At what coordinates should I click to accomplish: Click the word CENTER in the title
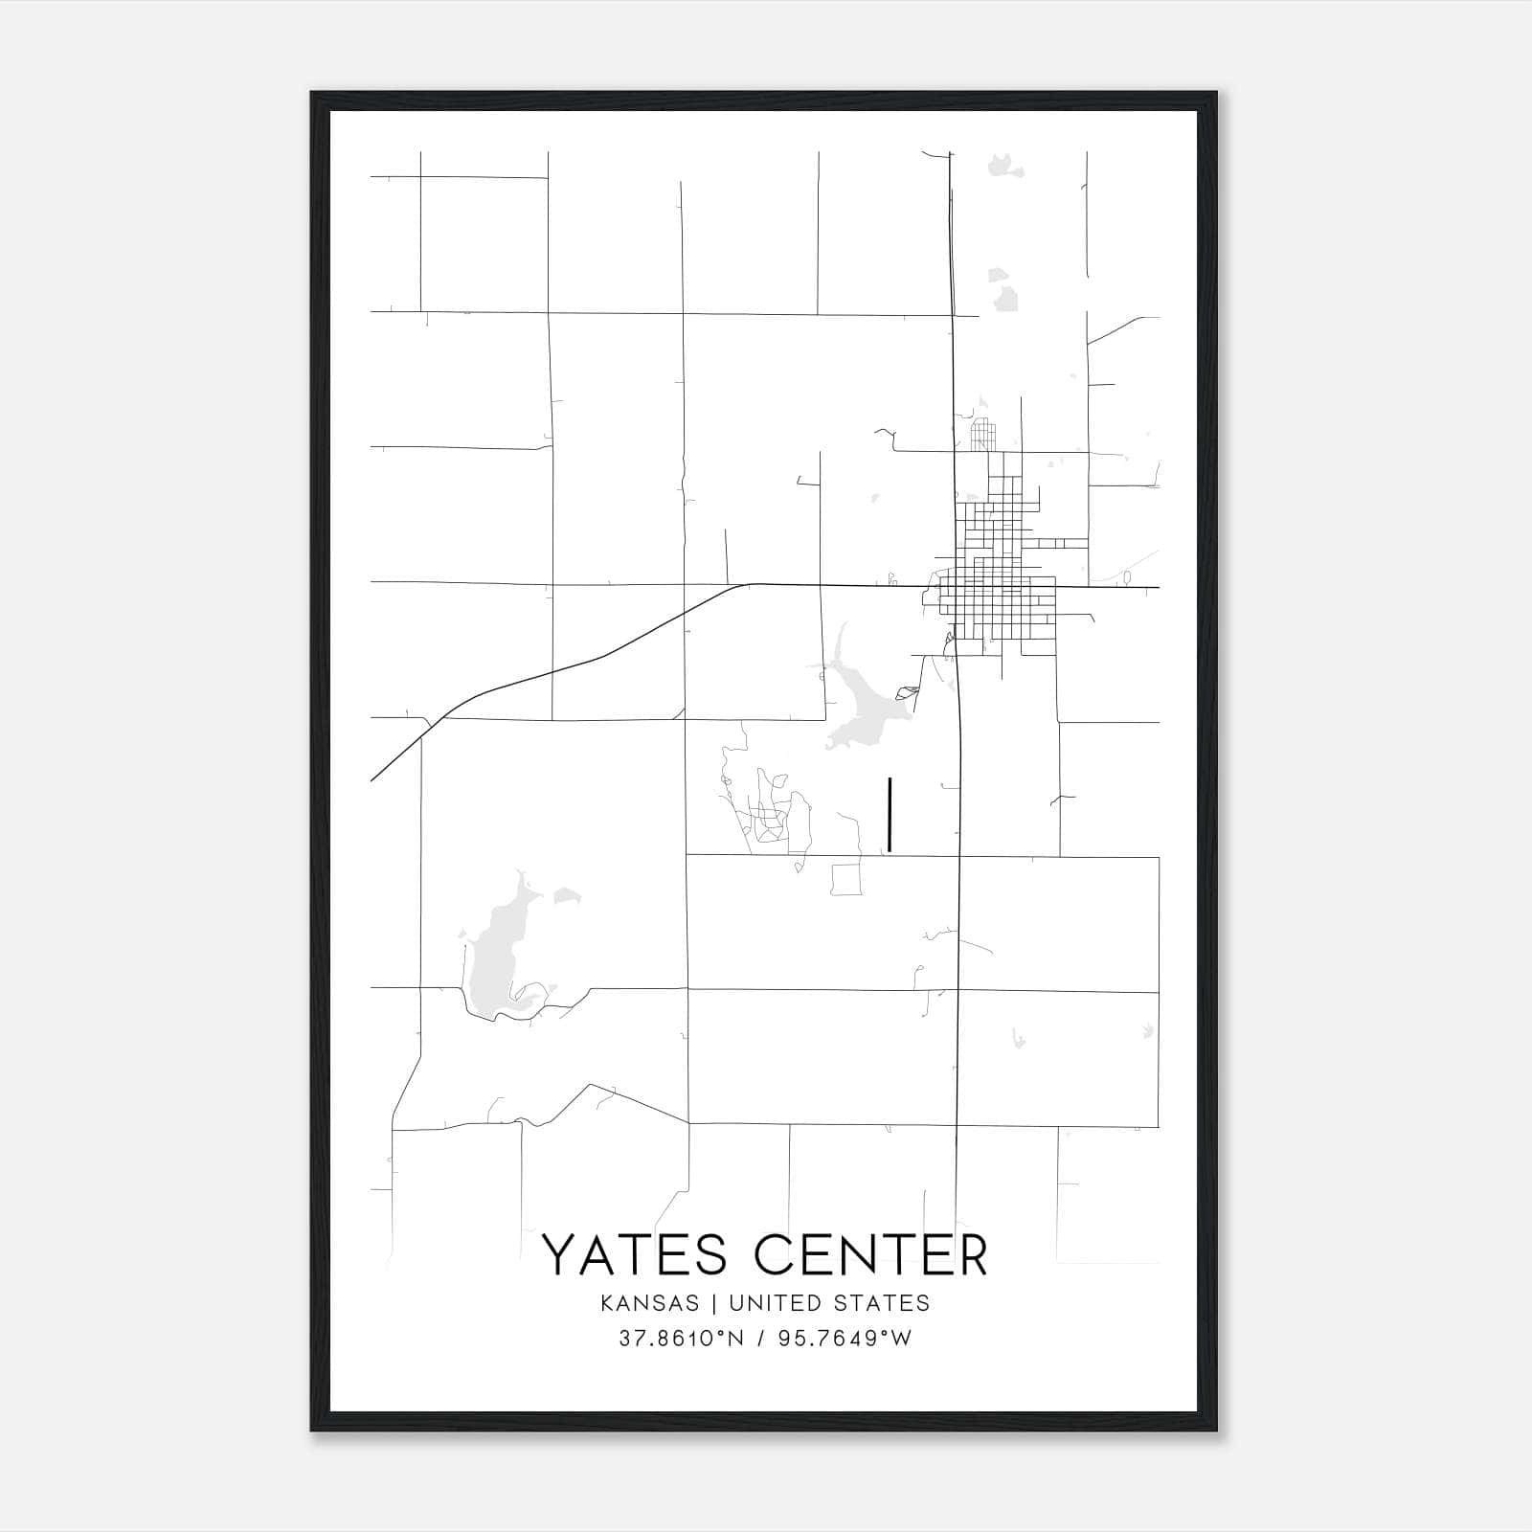pos(870,1255)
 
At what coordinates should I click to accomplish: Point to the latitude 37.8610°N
pos(681,1339)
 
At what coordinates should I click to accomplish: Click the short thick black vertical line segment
pos(890,814)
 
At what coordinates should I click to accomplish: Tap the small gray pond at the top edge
pos(1003,167)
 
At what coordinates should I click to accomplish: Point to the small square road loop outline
pos(846,879)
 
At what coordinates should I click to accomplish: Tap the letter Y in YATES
pos(560,1255)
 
